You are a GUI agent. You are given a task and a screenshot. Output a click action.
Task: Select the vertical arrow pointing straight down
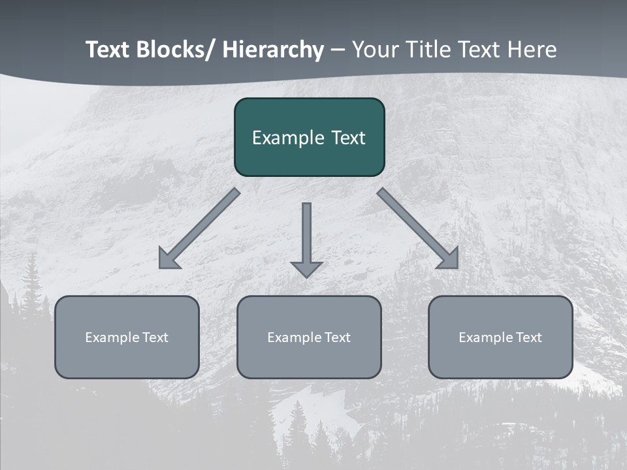pyautogui.click(x=306, y=235)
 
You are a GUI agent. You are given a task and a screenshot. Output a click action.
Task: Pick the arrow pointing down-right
pyautogui.click(x=415, y=227)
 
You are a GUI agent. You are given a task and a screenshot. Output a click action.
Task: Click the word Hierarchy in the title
pyautogui.click(x=273, y=50)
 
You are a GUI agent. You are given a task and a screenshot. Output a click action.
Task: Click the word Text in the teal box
pyautogui.click(x=347, y=138)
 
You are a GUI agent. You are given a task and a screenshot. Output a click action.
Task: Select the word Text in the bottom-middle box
pyautogui.click(x=337, y=337)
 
